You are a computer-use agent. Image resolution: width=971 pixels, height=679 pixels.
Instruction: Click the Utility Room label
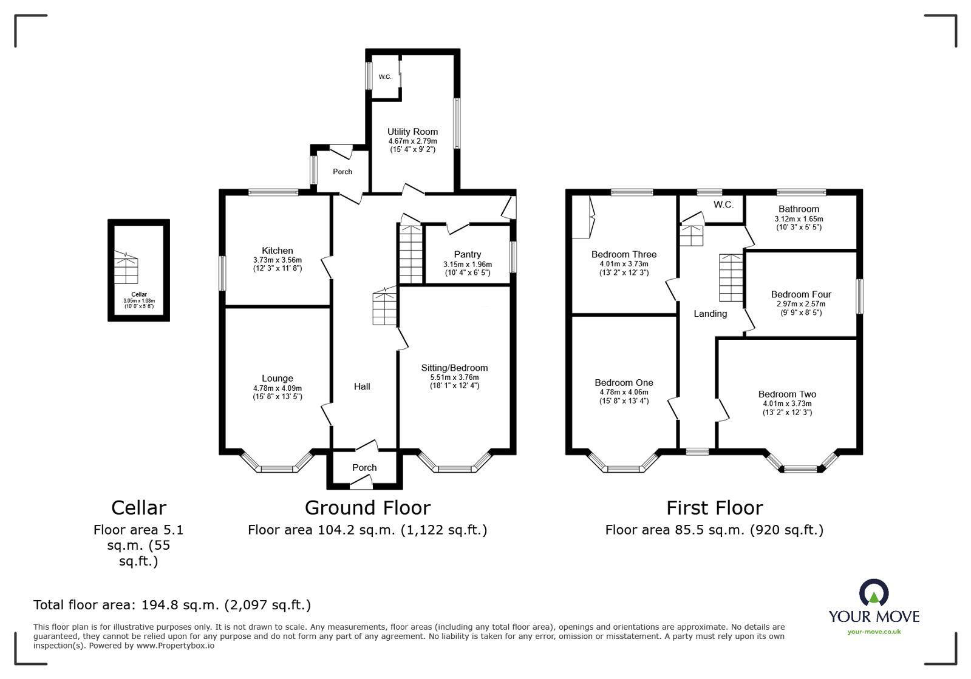coord(412,132)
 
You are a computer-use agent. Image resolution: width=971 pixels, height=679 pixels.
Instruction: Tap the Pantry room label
coord(467,254)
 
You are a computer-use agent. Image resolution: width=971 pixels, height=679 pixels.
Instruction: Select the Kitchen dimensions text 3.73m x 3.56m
coord(277,260)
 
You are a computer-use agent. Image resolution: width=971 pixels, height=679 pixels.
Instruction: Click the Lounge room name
coord(277,378)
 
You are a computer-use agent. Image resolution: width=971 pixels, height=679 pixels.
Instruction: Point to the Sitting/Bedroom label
coord(454,368)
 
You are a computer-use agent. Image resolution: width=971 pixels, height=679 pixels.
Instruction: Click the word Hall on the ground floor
coord(362,387)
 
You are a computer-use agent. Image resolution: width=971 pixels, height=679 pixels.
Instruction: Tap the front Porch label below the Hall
coord(364,468)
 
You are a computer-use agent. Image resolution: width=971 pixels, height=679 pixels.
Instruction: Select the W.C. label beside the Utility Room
coord(385,77)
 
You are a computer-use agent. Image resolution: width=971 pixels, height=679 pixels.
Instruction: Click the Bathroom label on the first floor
coord(799,209)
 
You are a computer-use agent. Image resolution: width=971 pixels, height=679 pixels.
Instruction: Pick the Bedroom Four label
coord(801,294)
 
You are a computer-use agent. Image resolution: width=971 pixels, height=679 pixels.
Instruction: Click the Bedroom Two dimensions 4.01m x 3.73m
coord(787,404)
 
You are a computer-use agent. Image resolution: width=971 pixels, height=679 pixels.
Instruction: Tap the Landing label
coord(710,314)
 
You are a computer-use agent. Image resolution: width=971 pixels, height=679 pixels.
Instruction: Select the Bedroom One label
coord(624,382)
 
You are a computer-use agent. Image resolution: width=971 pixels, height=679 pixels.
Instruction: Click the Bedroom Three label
coord(624,254)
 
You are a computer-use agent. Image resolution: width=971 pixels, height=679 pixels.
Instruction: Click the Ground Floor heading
coord(367,507)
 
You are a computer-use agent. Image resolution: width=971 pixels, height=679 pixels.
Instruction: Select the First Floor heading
coord(714,507)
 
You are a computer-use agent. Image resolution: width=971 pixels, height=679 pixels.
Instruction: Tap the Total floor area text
coord(172,605)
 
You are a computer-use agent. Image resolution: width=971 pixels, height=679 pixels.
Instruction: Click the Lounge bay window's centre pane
coord(277,468)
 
